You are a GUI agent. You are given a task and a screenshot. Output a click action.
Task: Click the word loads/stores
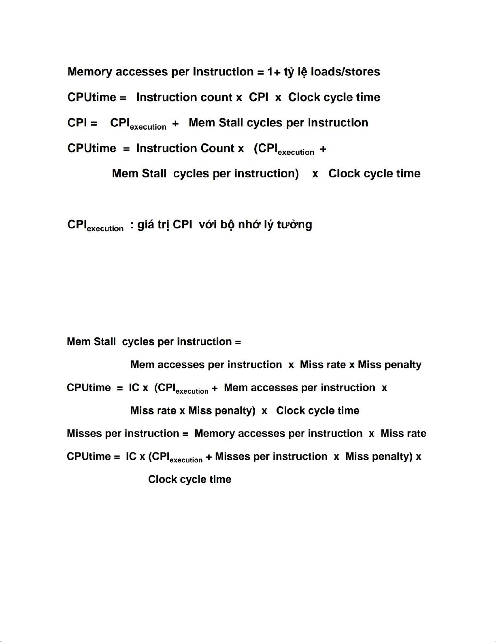click(x=345, y=72)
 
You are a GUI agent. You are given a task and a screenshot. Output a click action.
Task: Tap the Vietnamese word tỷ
click(x=289, y=72)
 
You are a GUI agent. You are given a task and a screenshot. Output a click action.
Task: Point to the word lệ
click(x=302, y=72)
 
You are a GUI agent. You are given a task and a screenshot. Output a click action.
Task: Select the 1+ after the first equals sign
click(x=274, y=72)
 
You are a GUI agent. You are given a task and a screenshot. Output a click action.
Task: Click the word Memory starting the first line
click(x=89, y=72)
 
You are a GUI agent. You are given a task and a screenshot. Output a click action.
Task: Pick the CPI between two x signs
click(x=258, y=98)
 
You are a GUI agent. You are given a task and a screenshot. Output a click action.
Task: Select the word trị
click(x=163, y=225)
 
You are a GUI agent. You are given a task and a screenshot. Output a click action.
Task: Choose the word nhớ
click(x=249, y=225)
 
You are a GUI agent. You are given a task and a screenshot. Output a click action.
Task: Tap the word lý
click(x=268, y=225)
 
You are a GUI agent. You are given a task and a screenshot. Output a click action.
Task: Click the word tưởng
click(x=294, y=225)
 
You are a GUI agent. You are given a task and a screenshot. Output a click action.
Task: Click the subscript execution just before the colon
click(x=105, y=229)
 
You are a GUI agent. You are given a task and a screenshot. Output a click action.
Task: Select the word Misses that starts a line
click(x=84, y=434)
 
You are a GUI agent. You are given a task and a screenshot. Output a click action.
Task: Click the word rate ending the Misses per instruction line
click(x=415, y=434)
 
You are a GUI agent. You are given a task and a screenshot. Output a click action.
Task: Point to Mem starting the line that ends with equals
click(x=79, y=342)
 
